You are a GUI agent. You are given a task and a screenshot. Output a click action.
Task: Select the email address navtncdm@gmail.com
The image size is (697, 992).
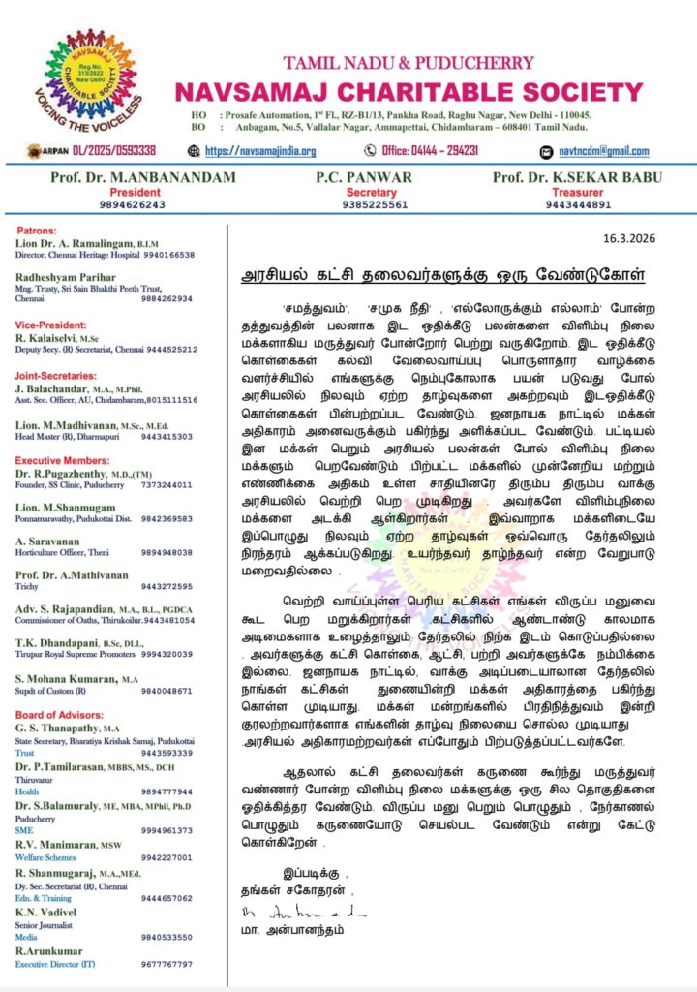point(604,151)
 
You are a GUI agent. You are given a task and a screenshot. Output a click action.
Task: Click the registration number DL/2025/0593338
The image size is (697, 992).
point(107,151)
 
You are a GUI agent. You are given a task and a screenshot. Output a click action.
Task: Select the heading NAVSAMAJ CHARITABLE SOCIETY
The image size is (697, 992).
point(415,93)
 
